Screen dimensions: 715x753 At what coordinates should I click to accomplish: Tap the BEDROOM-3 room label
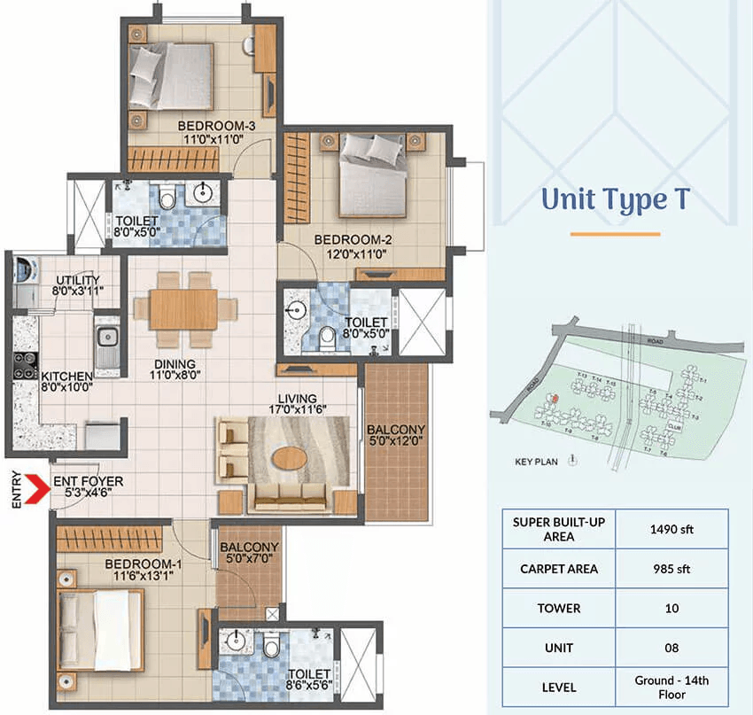[216, 126]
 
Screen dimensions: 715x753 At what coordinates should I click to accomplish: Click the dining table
[184, 309]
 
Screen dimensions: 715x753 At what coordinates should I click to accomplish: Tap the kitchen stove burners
[24, 365]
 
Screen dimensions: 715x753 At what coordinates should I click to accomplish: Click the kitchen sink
[106, 338]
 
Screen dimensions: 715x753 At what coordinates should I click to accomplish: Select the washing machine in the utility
[24, 269]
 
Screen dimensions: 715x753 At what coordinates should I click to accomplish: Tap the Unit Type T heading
[616, 200]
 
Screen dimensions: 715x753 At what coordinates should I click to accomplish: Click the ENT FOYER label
[88, 482]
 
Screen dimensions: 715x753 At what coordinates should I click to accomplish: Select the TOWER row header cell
[558, 609]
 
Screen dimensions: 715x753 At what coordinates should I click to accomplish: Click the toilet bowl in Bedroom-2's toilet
[329, 335]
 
